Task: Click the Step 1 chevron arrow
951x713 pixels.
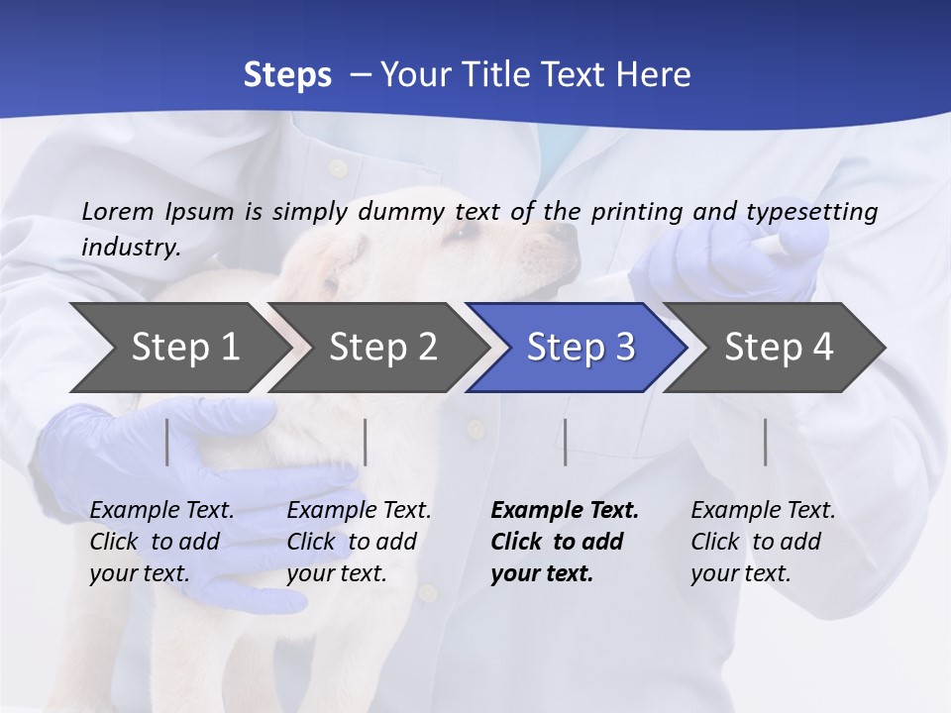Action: tap(178, 348)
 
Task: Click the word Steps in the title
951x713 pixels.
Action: tap(287, 75)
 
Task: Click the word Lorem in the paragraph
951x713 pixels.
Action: tap(118, 211)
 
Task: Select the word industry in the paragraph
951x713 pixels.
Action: tap(130, 248)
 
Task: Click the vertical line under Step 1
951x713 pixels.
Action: tap(167, 442)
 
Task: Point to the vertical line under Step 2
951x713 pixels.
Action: tap(366, 442)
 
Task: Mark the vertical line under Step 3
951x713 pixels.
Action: tap(565, 442)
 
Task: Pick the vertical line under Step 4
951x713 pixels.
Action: tap(765, 442)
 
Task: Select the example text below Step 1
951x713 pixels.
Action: tap(161, 542)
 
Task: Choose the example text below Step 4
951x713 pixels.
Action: tap(763, 542)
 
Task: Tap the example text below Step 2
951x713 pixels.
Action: tap(359, 542)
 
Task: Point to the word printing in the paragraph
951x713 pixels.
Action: tap(639, 212)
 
